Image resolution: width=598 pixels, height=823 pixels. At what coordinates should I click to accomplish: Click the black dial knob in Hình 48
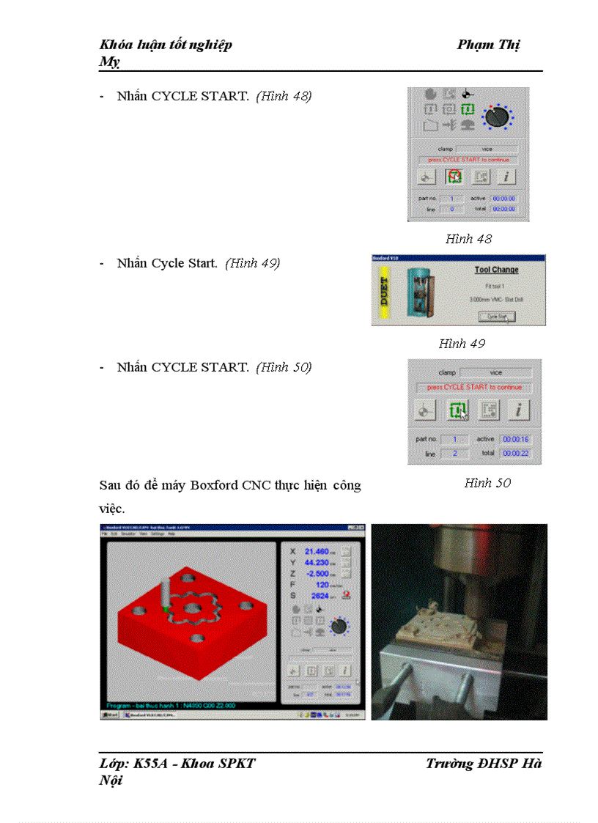coord(498,115)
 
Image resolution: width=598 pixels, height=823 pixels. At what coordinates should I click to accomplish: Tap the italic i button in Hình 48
coord(507,177)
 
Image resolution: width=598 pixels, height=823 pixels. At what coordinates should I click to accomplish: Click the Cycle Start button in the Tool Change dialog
coord(498,316)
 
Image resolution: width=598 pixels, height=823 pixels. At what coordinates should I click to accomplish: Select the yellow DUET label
coord(385,291)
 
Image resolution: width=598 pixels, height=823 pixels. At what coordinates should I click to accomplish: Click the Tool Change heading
coord(496,270)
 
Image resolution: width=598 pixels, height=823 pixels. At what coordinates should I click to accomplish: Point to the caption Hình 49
coord(462,343)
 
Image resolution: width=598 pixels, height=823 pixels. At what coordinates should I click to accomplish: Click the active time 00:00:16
coord(515,439)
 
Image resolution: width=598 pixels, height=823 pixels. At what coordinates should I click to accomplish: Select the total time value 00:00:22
coord(515,454)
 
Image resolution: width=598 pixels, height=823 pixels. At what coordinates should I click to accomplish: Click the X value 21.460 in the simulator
coord(318,551)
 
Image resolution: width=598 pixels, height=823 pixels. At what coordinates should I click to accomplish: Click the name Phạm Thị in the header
coord(488,45)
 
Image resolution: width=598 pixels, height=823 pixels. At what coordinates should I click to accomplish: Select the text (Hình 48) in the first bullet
coord(284,96)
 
